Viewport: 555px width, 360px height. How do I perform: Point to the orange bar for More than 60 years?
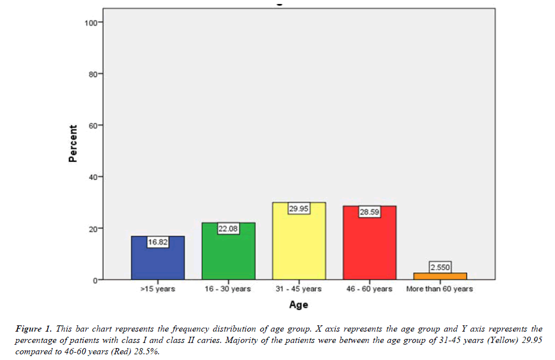coord(440,276)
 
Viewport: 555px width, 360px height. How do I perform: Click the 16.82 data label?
coord(158,241)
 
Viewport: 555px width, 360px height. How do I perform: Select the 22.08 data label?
coord(228,228)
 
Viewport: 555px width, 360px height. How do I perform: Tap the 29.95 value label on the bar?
coord(299,208)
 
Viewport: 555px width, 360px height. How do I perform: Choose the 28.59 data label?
coord(369,212)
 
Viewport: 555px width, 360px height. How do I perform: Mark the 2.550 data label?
coord(440,267)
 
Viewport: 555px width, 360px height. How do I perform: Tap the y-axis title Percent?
coord(73,144)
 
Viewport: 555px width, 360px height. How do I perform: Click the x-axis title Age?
coord(298,305)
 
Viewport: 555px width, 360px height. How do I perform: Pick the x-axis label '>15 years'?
coord(158,289)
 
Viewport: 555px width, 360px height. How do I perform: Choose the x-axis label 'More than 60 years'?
coord(440,289)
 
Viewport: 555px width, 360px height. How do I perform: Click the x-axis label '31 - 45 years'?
coord(299,289)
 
